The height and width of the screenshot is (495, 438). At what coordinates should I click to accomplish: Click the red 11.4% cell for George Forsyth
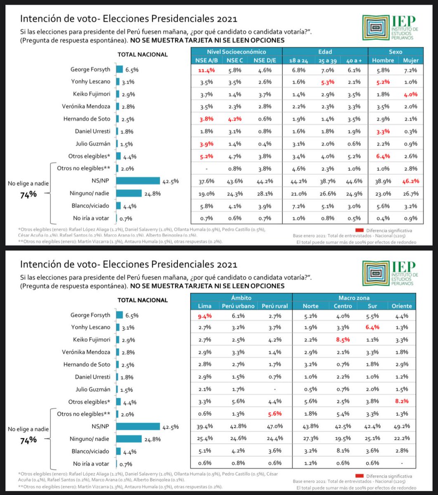[x=206, y=70]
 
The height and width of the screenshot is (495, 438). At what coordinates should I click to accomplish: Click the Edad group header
[x=325, y=52]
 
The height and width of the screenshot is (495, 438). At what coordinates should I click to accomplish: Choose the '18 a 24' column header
[x=296, y=61]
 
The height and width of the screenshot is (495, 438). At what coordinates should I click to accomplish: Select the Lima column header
[x=205, y=306]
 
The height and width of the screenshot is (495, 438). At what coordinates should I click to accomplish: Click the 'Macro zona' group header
[x=354, y=297]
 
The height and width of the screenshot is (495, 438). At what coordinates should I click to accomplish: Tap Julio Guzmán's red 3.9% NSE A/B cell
[x=206, y=144]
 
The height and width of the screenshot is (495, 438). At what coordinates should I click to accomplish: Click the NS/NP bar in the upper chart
[x=138, y=181]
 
